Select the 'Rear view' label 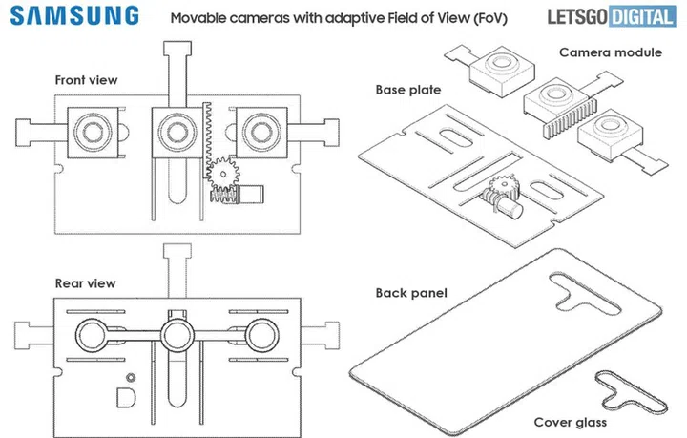click(x=85, y=283)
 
